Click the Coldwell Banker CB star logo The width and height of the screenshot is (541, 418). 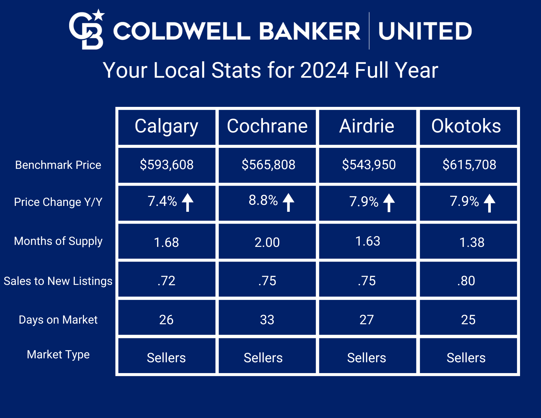click(x=86, y=30)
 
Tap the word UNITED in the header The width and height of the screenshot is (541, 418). click(x=425, y=31)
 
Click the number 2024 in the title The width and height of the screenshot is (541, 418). click(x=324, y=70)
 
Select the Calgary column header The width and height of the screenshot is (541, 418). click(x=166, y=127)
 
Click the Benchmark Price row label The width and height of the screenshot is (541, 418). click(x=58, y=165)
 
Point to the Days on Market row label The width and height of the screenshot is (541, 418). click(x=58, y=320)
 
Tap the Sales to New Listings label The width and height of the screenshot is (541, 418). click(x=58, y=281)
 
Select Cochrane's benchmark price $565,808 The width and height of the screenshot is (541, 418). click(x=269, y=165)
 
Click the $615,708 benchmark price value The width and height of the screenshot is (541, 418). click(x=469, y=165)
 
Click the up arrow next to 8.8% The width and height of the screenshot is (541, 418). click(x=288, y=202)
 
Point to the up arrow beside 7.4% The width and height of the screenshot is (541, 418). click(x=188, y=203)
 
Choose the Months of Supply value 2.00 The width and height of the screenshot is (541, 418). click(x=267, y=243)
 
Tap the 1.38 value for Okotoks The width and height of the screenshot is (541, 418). click(x=472, y=243)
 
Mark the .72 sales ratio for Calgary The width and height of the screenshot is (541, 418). click(x=166, y=281)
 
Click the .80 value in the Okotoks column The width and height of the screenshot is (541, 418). click(x=466, y=281)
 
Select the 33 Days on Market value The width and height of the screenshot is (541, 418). click(x=267, y=320)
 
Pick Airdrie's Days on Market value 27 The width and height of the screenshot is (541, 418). click(x=367, y=320)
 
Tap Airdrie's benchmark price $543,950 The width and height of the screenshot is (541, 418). click(x=369, y=165)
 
